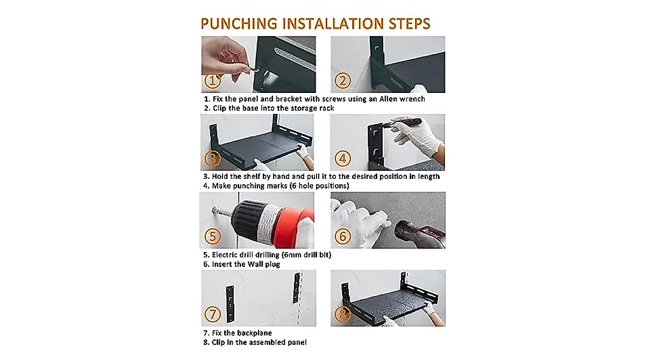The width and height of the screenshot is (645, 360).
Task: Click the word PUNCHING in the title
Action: pos(239,24)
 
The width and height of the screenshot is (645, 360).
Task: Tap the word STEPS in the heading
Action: pos(409,24)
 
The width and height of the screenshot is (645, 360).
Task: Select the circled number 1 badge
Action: pos(212,81)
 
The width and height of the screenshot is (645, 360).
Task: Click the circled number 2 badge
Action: pos(342,80)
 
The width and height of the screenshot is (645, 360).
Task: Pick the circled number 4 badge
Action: pos(342,159)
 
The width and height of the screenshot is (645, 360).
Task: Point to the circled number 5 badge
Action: pos(212,236)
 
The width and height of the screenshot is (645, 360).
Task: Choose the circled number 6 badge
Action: pos(342,236)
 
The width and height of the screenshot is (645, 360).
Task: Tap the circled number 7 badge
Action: pos(212,314)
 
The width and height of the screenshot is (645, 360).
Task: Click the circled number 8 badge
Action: pos(342,314)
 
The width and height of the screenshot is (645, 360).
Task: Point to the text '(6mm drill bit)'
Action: pos(306,255)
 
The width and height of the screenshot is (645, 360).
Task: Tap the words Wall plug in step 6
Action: pos(263,264)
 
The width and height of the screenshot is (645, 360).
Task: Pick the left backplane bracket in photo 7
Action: pos(230,304)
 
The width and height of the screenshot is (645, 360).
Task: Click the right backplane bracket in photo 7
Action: pos(297,289)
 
